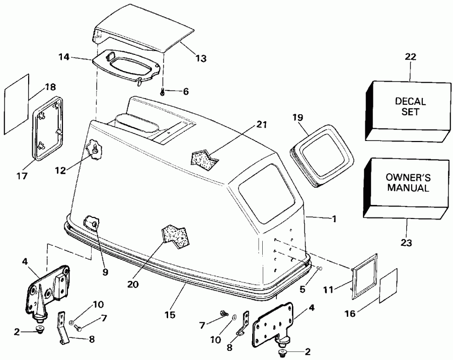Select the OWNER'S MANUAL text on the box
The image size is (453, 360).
[407, 183]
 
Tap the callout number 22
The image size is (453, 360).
[410, 57]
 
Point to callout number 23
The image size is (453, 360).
[406, 243]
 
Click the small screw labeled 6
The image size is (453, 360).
[163, 91]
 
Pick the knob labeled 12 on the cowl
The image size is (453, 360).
[94, 149]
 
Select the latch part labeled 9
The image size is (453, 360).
[91, 222]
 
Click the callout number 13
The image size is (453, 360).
[200, 58]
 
